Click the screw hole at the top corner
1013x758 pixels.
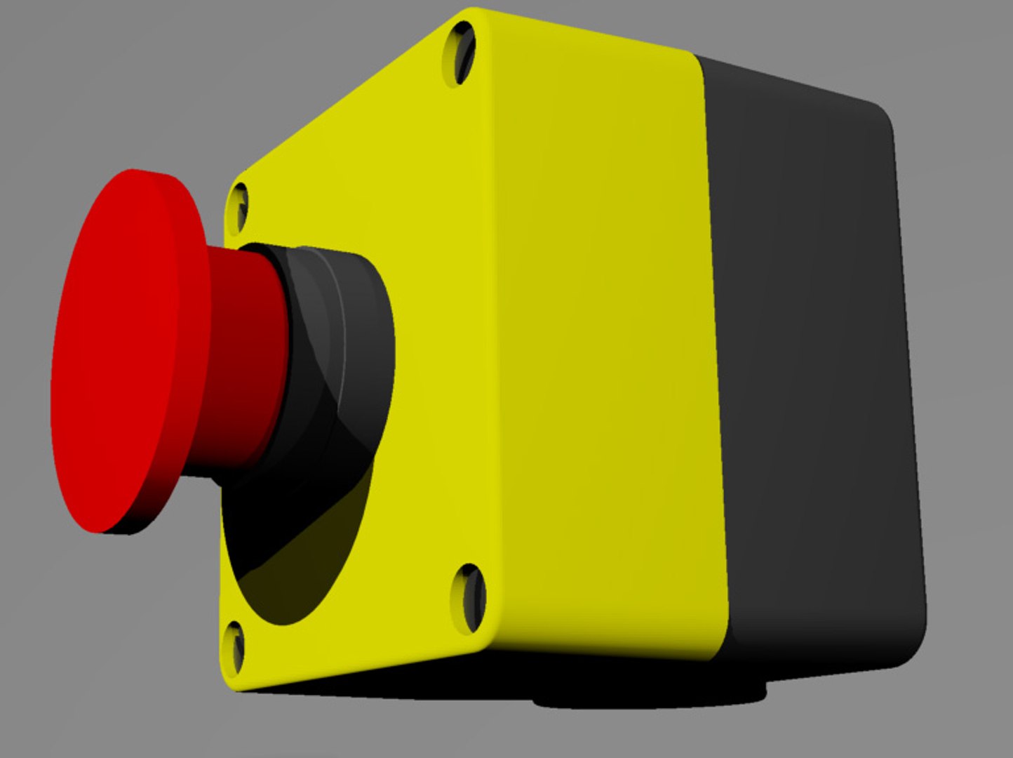(x=464, y=53)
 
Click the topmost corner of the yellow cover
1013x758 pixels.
(x=474, y=11)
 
